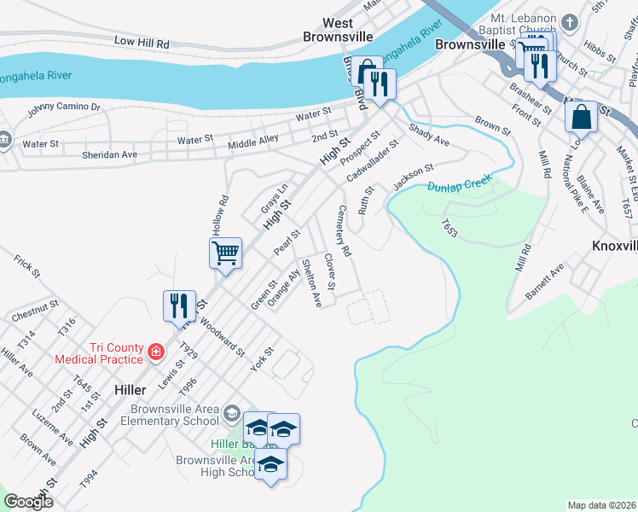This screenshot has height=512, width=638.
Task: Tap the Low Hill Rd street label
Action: click(142, 42)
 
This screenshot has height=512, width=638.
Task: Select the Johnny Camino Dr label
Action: click(64, 108)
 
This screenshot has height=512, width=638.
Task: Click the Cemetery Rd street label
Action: click(344, 231)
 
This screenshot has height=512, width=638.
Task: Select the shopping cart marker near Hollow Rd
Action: click(226, 253)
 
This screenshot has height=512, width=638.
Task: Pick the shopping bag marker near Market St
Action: click(581, 117)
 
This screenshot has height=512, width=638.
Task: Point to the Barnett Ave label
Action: click(545, 282)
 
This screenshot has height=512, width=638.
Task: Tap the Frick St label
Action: click(27, 265)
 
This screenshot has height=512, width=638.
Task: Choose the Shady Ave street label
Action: click(429, 133)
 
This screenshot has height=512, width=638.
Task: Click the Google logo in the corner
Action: click(28, 502)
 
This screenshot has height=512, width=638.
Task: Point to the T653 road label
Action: click(449, 227)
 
